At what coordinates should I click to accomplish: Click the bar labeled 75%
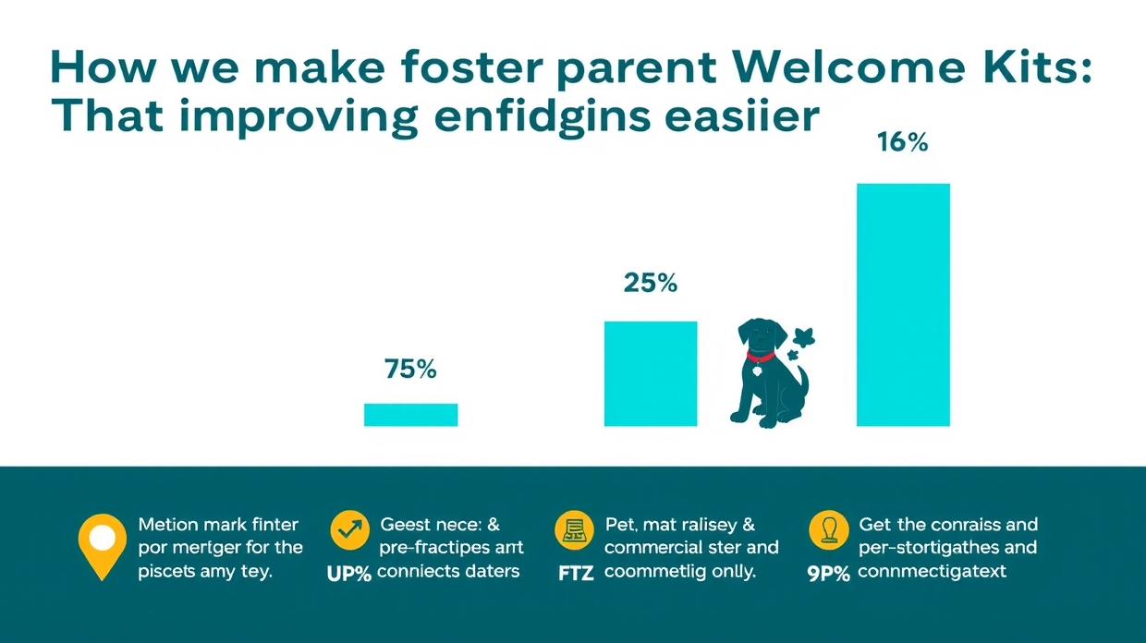click(x=410, y=415)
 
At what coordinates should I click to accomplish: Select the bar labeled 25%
click(x=651, y=373)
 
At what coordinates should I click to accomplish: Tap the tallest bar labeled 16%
click(x=903, y=305)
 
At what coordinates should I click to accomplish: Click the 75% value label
click(x=409, y=370)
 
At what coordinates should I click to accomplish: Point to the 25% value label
click(x=650, y=284)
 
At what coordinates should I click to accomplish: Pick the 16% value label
click(x=902, y=144)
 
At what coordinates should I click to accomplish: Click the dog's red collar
click(x=760, y=356)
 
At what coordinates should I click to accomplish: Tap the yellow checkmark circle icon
click(x=349, y=530)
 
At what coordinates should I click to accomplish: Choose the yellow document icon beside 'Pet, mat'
click(x=574, y=530)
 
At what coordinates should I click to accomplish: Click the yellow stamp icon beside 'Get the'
click(x=828, y=530)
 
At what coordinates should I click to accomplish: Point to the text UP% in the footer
click(x=349, y=574)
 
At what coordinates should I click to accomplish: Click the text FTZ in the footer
click(x=576, y=574)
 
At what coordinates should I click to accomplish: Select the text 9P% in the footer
click(x=828, y=574)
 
